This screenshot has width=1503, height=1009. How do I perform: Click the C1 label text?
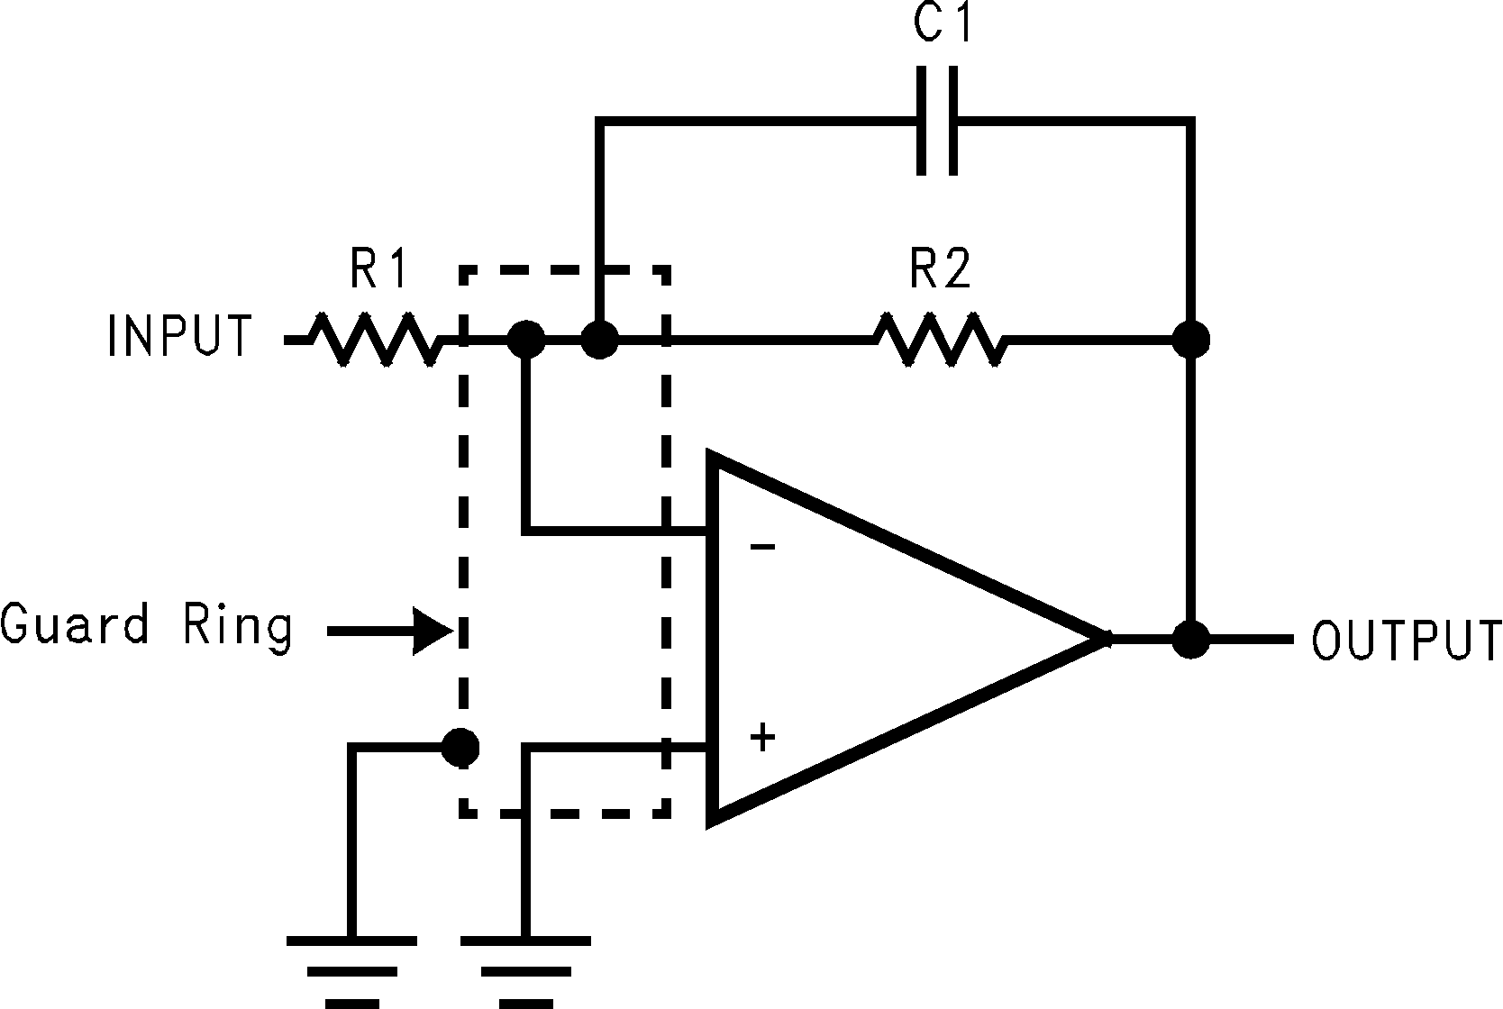point(943,25)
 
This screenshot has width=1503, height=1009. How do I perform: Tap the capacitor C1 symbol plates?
point(937,119)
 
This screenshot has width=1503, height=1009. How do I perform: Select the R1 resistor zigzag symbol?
point(375,340)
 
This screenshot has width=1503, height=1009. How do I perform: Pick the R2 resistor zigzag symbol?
point(940,340)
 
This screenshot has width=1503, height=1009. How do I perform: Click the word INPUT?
point(179,336)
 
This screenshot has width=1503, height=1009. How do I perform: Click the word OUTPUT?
point(1405,640)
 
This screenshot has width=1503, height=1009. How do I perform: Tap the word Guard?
point(75,623)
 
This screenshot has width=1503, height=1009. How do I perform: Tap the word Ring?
point(238,625)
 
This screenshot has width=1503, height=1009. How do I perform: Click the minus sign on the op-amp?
point(762,547)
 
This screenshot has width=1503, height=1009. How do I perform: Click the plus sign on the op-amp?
point(762,738)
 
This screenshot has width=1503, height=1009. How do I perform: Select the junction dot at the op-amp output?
point(1191,639)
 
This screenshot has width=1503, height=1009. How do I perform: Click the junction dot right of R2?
point(1191,340)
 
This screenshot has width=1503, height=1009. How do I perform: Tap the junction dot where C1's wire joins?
point(599,341)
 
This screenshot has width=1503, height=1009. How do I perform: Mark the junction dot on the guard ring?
point(460,746)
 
